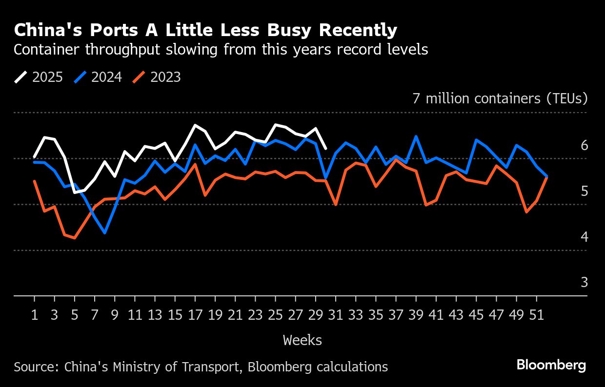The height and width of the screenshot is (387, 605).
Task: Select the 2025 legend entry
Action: [39, 77]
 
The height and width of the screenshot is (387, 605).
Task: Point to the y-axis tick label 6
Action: [584, 146]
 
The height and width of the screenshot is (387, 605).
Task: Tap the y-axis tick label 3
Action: [584, 283]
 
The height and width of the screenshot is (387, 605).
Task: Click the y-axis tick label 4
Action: [584, 237]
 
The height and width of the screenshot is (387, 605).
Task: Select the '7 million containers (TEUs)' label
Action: [500, 98]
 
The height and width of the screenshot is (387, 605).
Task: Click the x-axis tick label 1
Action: [35, 315]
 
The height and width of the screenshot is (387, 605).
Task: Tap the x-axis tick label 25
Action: [275, 315]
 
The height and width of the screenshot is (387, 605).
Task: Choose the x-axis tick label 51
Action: [537, 315]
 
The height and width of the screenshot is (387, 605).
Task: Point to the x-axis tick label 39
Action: [416, 315]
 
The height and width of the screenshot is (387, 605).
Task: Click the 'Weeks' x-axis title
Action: [302, 340]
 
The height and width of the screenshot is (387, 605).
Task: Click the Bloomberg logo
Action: [551, 365]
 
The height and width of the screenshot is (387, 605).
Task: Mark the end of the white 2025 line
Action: [326, 149]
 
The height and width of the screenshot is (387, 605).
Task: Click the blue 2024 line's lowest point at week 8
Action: [105, 233]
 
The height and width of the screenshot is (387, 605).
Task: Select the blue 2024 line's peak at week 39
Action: [416, 136]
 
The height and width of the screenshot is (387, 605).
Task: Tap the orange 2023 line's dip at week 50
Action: [526, 212]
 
